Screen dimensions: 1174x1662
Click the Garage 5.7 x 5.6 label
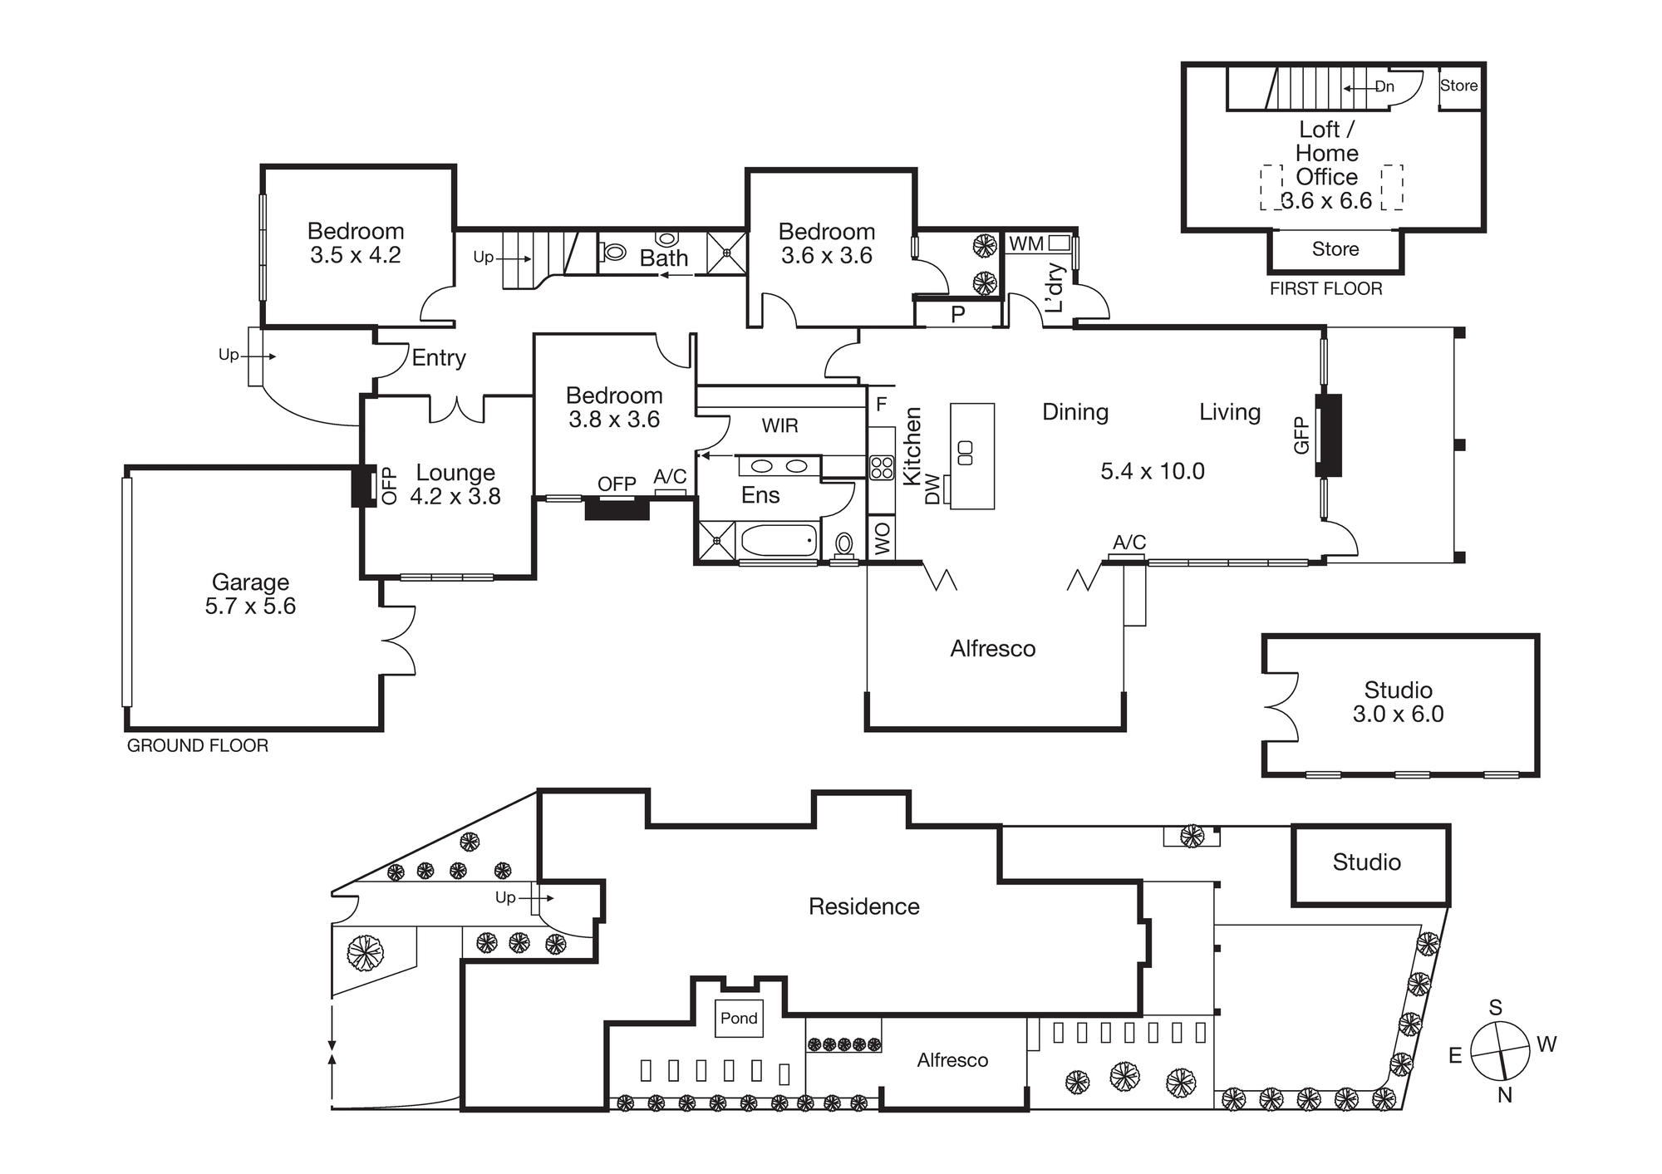click(x=250, y=594)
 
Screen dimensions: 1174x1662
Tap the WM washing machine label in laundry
click(x=1026, y=244)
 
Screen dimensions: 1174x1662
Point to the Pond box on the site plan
click(x=739, y=1019)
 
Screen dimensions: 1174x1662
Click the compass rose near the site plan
click(x=1500, y=1050)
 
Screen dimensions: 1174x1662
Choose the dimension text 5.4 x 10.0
click(x=1152, y=471)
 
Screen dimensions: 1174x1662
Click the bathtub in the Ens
click(x=779, y=541)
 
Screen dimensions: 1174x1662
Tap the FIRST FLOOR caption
click(x=1325, y=289)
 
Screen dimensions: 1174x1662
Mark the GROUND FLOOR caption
click(x=198, y=746)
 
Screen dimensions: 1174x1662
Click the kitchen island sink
click(x=966, y=453)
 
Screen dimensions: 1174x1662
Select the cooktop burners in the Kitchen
click(x=882, y=468)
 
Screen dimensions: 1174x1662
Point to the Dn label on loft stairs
click(x=1384, y=87)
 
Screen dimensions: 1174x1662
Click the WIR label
click(x=779, y=426)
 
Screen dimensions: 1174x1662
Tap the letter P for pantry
click(x=957, y=315)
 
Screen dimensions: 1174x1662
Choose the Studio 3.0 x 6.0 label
click(x=1398, y=702)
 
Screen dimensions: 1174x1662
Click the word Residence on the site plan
click(x=863, y=906)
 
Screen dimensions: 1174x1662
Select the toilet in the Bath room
click(x=614, y=250)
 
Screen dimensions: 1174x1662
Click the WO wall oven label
click(x=883, y=538)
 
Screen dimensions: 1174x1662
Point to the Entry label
click(x=439, y=358)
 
